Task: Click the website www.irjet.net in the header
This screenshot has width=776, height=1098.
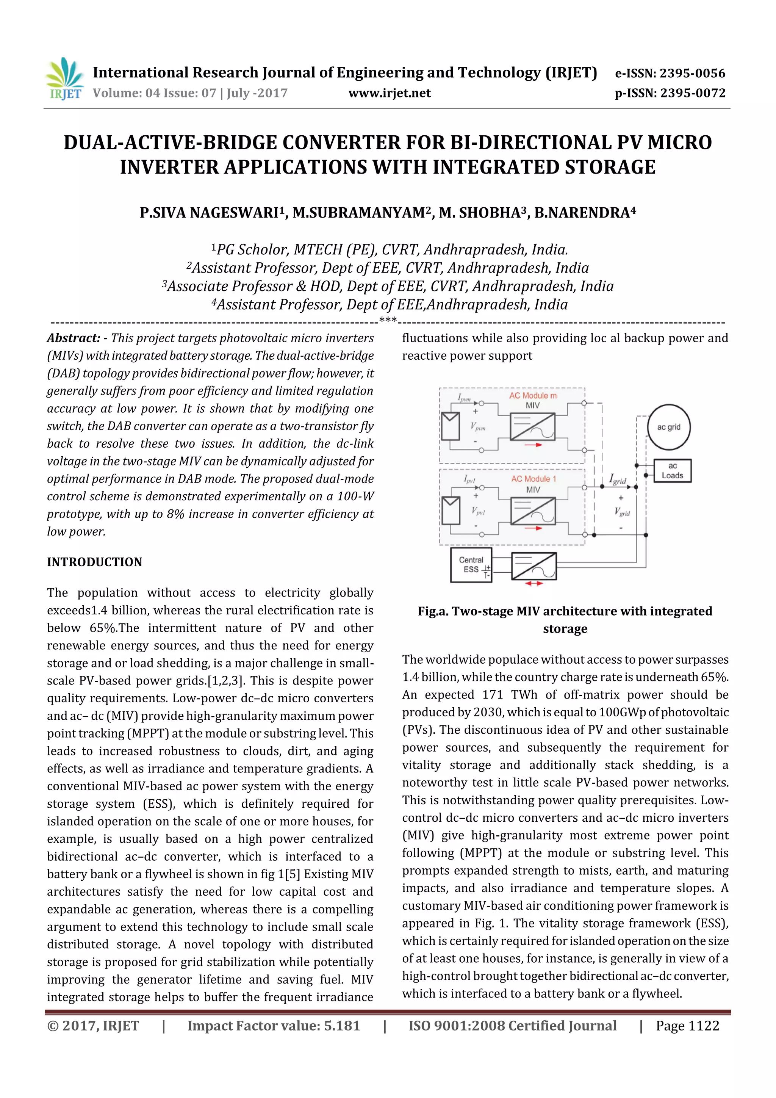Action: [389, 93]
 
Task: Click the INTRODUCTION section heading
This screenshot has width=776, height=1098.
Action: [95, 562]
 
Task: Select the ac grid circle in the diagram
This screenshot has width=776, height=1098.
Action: [668, 427]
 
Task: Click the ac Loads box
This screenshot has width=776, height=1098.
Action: [672, 471]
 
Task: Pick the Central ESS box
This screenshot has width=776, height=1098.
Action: [471, 565]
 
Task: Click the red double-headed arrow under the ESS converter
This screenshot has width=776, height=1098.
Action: [533, 583]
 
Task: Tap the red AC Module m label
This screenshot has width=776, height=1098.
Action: [533, 395]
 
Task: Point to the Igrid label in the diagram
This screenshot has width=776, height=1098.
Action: [617, 479]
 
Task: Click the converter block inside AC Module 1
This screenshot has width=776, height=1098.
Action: [533, 511]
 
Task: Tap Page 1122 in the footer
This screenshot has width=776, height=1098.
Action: [687, 1026]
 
